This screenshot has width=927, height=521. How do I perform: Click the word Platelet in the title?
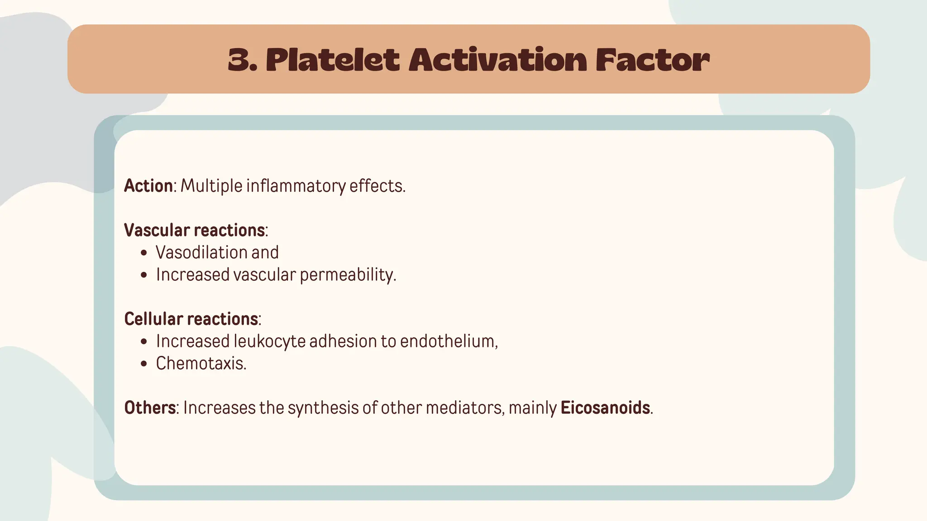coord(333,60)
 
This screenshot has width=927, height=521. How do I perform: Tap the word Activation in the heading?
coord(497,60)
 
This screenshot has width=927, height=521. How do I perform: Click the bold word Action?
coord(148,186)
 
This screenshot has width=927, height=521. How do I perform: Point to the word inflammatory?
coord(296,186)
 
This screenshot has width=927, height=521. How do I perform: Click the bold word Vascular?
coord(157,230)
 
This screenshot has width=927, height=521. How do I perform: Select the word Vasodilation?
coord(201,252)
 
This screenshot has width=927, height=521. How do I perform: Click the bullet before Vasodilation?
coord(144,253)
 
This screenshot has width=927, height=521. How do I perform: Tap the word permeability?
coord(348,275)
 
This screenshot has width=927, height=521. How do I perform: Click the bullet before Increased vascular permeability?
coord(144,275)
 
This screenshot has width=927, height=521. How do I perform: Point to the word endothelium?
coord(449,341)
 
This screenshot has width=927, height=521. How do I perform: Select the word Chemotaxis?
coord(201,363)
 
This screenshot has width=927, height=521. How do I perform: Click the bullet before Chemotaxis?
coord(144,364)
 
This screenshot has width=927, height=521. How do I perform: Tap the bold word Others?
coord(150,407)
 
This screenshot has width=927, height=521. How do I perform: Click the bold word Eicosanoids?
coord(605,407)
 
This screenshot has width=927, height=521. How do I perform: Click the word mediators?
coord(465,407)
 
